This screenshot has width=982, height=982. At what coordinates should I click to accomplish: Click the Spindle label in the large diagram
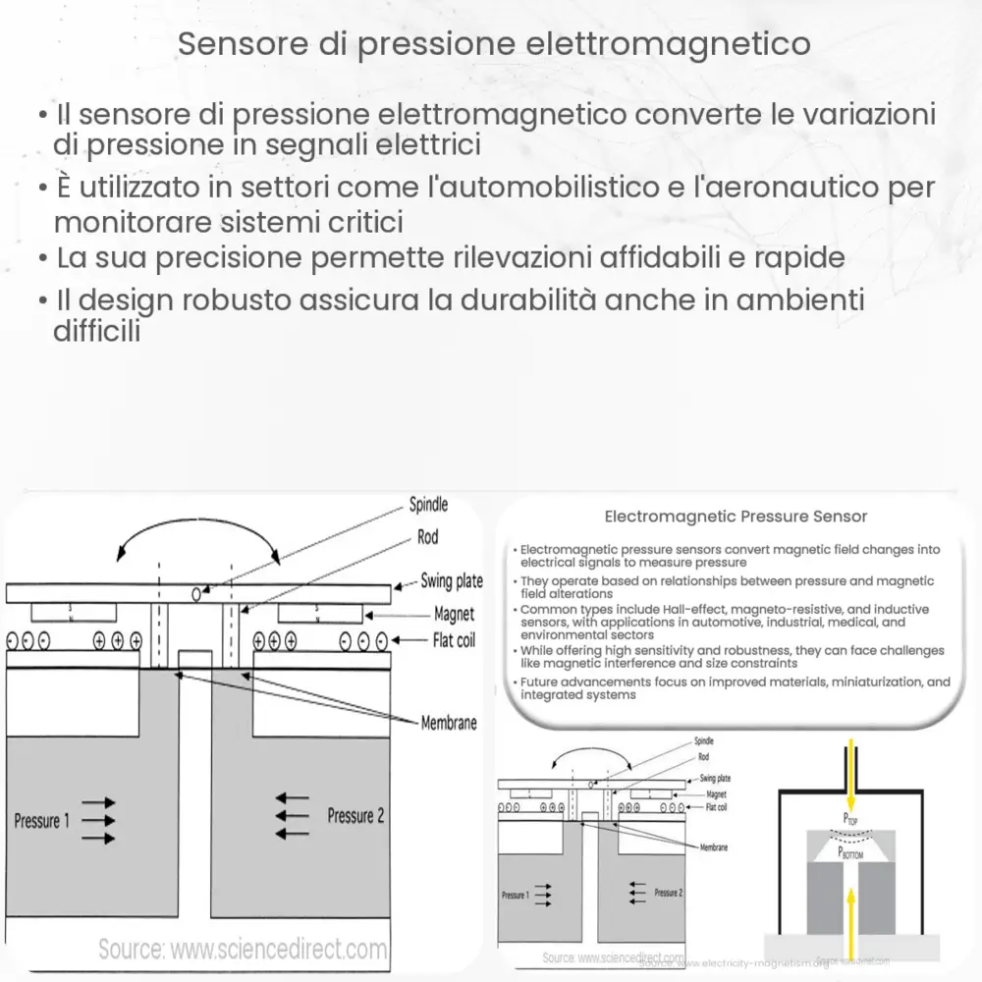(428, 505)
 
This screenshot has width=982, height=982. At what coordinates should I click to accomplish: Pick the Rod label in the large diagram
(427, 537)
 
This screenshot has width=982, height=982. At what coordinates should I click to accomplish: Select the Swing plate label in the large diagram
(452, 580)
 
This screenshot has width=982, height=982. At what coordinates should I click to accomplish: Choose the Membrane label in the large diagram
(449, 723)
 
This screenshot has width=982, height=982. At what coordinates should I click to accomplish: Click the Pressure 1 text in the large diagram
(41, 821)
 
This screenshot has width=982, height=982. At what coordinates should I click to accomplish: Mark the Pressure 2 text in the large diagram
(355, 815)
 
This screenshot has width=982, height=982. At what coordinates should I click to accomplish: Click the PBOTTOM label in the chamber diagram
(849, 853)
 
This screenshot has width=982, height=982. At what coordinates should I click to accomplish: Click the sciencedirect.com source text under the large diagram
(243, 950)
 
